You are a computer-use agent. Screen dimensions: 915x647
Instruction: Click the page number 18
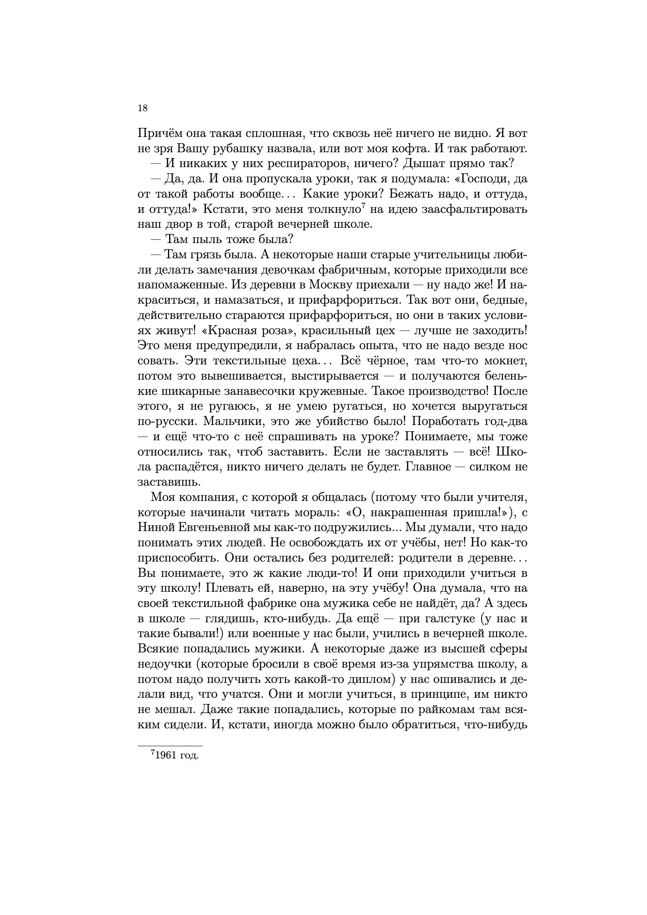click(x=143, y=108)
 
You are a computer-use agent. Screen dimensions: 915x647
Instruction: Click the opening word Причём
click(x=160, y=133)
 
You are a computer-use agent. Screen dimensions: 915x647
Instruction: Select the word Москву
click(x=333, y=285)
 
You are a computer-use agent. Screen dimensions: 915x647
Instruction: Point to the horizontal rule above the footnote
click(x=170, y=746)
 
